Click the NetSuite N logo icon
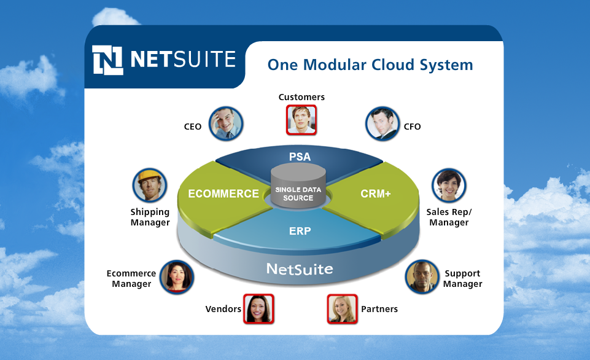pos(107,60)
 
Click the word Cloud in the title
pos(393,65)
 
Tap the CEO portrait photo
pos(226,123)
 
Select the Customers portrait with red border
pos(301,120)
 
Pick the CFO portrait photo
pos(382,123)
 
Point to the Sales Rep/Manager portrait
pos(449,186)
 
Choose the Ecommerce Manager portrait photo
pos(176,277)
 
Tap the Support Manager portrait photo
pos(422,277)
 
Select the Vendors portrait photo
pos(258,309)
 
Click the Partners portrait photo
pos(342,309)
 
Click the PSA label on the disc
pos(300,157)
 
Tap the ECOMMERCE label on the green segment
pos(223,194)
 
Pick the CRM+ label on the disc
pos(376,194)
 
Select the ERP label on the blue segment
pos(300,231)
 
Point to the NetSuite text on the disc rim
pos(300,269)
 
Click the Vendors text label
pos(223,309)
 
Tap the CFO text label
pos(413,127)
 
